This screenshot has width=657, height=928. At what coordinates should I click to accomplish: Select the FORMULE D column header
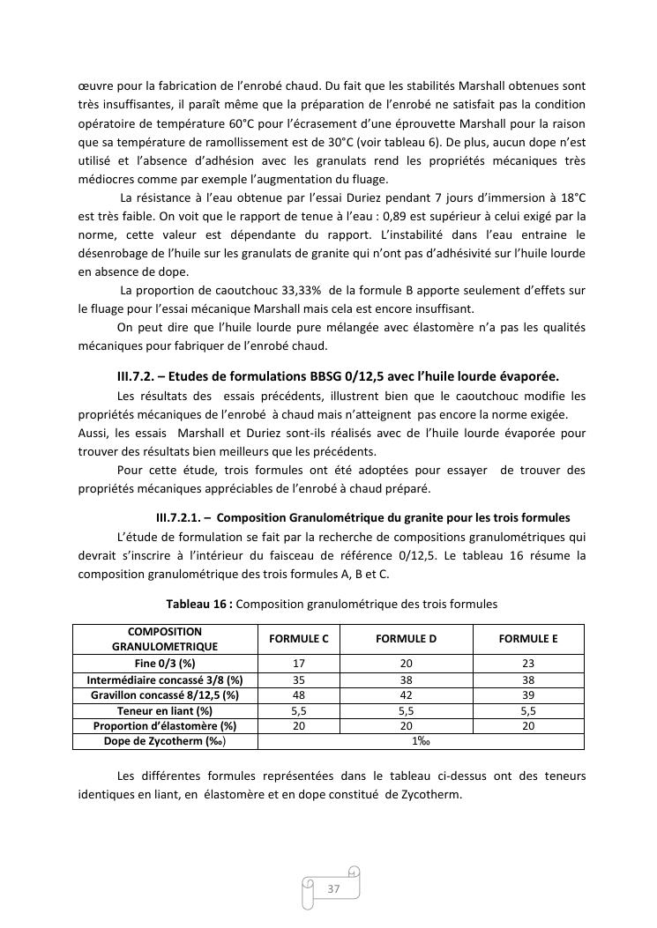coord(406,639)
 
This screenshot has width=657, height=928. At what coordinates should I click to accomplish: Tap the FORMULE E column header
coord(528,639)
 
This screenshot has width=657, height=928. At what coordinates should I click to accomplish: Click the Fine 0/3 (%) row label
coord(165,663)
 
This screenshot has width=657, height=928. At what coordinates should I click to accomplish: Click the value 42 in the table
coord(406,694)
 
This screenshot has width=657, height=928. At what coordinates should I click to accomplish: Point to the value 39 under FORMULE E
coord(528,694)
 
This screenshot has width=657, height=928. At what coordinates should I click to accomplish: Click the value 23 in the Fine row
coord(528,663)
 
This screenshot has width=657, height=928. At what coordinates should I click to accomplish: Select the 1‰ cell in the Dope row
coord(421,742)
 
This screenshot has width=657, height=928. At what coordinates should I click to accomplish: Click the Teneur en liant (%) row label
coord(165,710)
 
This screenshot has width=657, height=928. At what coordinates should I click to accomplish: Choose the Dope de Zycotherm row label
coord(165,742)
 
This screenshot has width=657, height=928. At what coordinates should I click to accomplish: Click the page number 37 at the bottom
coord(333,888)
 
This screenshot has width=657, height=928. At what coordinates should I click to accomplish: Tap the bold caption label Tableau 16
coord(198,605)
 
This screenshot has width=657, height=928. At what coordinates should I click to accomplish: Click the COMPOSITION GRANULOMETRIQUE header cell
coord(165,639)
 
